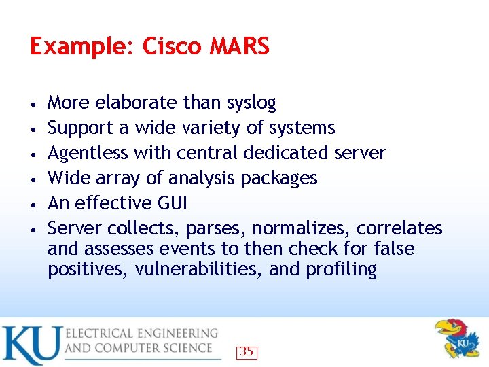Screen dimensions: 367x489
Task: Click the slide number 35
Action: coord(247,352)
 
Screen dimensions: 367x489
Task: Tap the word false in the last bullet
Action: coord(394,248)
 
